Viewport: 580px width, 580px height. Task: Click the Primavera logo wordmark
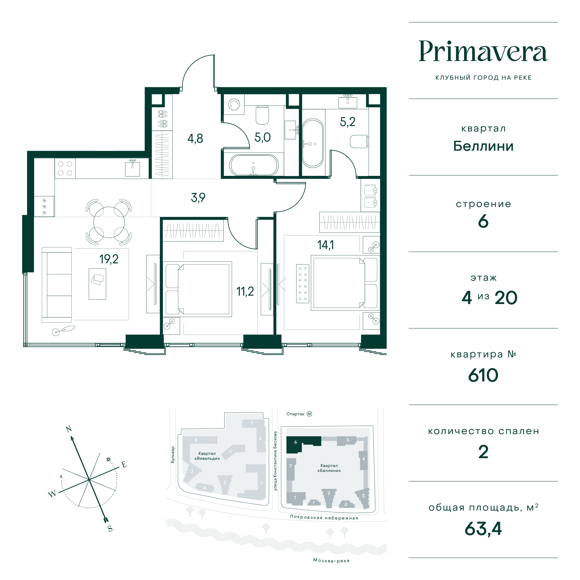pyautogui.click(x=483, y=51)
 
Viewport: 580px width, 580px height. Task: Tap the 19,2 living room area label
pyautogui.click(x=109, y=259)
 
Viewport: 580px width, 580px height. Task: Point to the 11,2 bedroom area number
pyautogui.click(x=245, y=291)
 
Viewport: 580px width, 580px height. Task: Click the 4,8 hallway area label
pyautogui.click(x=195, y=138)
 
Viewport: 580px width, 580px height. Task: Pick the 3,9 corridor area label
pyautogui.click(x=198, y=198)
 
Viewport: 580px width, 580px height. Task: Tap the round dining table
pyautogui.click(x=109, y=222)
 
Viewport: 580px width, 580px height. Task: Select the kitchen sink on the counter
pyautogui.click(x=132, y=168)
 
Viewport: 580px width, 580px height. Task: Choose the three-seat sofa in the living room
pyautogui.click(x=57, y=285)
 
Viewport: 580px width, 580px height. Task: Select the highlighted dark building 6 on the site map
pyautogui.click(x=303, y=445)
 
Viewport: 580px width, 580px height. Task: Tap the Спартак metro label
pyautogui.click(x=295, y=414)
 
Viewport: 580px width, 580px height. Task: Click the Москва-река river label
pyautogui.click(x=331, y=561)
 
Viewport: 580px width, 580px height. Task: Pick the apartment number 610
pyautogui.click(x=483, y=375)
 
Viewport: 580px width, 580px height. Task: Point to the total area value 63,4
pyautogui.click(x=483, y=529)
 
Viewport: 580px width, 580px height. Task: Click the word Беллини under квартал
pyautogui.click(x=483, y=146)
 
